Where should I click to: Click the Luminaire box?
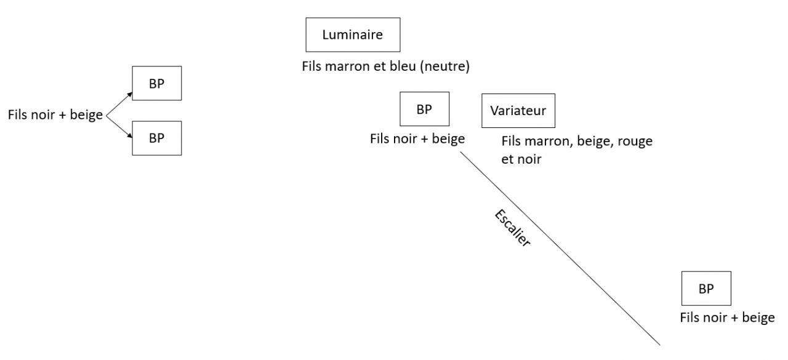(x=353, y=34)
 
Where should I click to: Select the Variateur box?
(x=518, y=111)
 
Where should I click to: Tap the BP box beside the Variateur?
(x=424, y=109)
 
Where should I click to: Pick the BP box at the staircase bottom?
(x=706, y=288)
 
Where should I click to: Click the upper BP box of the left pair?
(x=156, y=83)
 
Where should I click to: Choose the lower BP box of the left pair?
(x=156, y=138)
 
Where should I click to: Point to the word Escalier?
(x=512, y=228)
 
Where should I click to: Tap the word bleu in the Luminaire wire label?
(x=401, y=66)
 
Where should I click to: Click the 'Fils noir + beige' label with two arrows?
(x=55, y=115)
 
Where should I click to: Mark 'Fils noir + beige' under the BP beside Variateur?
(x=417, y=138)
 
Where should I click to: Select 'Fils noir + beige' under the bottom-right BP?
(x=727, y=318)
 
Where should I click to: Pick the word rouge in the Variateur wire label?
(x=635, y=141)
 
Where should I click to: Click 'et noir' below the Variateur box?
(x=521, y=159)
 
